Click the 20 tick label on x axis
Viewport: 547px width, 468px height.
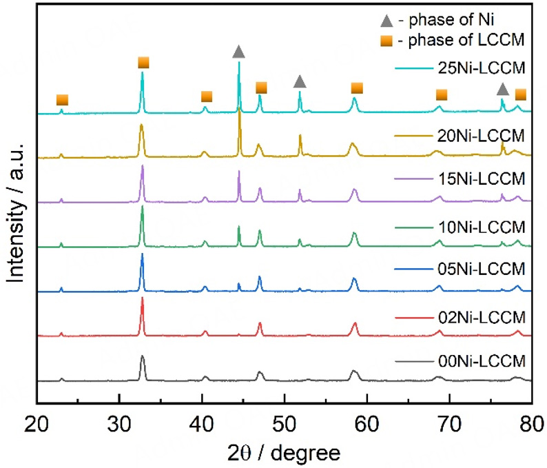point(37,418)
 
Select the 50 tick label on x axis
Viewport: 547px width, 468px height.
point(285,418)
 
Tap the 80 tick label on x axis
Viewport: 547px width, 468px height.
point(531,418)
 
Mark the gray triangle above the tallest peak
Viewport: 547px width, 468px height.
point(238,52)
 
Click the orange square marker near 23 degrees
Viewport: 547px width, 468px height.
point(62,100)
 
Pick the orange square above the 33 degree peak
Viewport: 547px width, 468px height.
point(143,63)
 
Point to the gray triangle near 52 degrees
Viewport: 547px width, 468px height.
point(300,82)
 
